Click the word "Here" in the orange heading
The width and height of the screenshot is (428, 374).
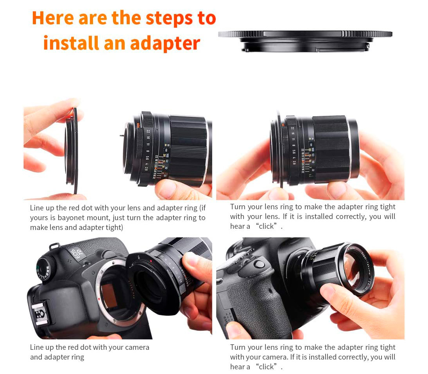[52, 18]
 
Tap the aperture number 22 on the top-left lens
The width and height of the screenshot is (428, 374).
[148, 132]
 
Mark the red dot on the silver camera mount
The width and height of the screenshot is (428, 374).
[99, 299]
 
